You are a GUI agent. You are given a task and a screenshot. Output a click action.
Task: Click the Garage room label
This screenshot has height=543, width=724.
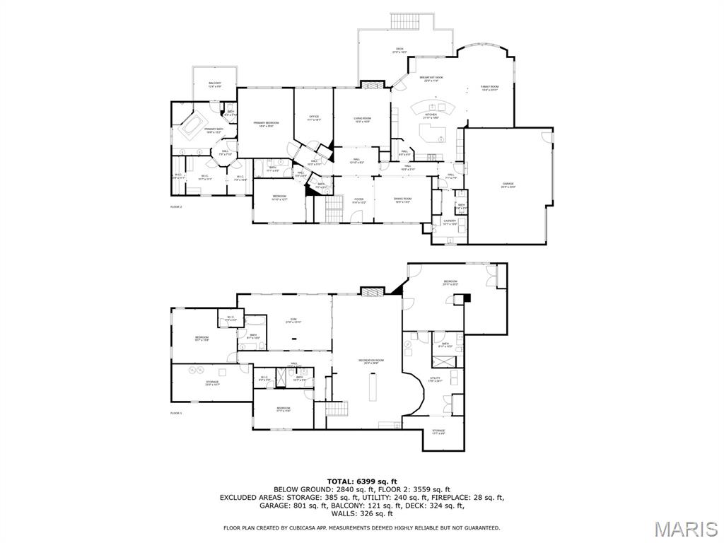pyautogui.click(x=508, y=185)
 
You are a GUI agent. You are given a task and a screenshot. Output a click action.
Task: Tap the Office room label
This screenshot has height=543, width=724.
pyautogui.click(x=314, y=118)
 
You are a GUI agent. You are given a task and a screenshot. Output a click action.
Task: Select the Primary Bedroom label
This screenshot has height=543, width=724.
pyautogui.click(x=267, y=124)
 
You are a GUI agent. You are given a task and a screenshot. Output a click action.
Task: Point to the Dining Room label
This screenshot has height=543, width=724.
pyautogui.click(x=402, y=200)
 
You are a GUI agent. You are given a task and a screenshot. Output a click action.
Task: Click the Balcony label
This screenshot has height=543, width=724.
pyautogui.click(x=215, y=85)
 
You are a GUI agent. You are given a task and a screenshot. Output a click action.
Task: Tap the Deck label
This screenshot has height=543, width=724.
pyautogui.click(x=399, y=50)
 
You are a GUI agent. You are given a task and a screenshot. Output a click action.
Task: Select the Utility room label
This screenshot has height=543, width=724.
pyautogui.click(x=436, y=380)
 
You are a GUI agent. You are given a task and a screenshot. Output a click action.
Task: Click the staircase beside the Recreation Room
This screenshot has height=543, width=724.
pyautogui.click(x=337, y=409)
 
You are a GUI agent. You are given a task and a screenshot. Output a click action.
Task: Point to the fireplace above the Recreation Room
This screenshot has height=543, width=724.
pyautogui.click(x=370, y=291)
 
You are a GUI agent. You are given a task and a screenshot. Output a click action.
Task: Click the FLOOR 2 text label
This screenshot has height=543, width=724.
pyautogui.click(x=176, y=207)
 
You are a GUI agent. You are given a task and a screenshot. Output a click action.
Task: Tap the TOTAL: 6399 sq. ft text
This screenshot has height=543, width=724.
pyautogui.click(x=362, y=481)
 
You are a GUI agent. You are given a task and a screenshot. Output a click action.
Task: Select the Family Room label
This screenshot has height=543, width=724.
pyautogui.click(x=490, y=88)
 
